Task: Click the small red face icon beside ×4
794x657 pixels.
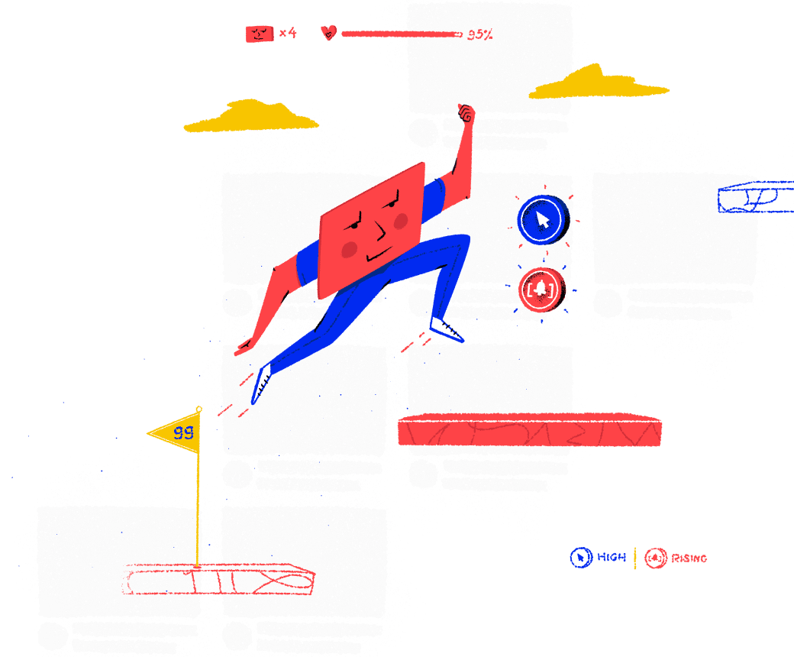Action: pos(259,34)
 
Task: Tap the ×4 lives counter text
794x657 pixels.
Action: pos(287,33)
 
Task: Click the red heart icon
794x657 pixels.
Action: pos(328,33)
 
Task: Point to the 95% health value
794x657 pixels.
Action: pos(479,34)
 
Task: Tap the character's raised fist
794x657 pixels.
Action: pos(465,115)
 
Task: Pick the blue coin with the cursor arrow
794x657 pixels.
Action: pos(541,220)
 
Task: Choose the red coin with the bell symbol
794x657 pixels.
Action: pos(541,290)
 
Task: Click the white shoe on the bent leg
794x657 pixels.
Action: pos(447,329)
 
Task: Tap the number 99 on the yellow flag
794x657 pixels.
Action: pos(183,433)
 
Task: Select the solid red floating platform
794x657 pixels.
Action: pos(528,431)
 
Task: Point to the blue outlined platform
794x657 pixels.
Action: pos(754,197)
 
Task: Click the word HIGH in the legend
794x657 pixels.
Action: pos(612,558)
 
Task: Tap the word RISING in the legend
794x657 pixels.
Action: pos(689,558)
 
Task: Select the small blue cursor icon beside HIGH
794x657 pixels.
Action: pos(581,558)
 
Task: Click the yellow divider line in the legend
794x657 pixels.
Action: pos(635,558)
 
